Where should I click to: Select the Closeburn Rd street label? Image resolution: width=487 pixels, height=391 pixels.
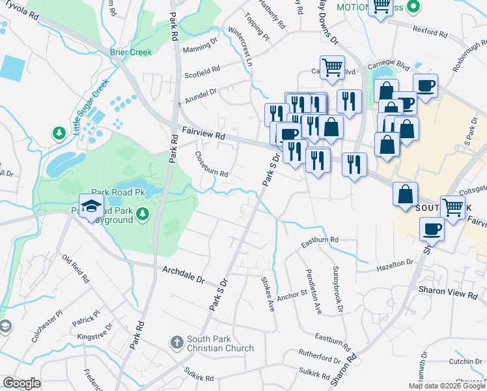(x=212, y=165)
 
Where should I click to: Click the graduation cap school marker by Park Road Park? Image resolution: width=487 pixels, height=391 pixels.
(x=91, y=207)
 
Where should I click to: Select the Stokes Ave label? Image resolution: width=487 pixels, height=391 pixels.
(x=268, y=287)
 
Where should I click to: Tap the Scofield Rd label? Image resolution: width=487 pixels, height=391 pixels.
(x=202, y=68)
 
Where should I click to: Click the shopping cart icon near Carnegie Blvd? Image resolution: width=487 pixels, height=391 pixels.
(x=332, y=66)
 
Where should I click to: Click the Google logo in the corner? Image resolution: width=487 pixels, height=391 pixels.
(x=22, y=383)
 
